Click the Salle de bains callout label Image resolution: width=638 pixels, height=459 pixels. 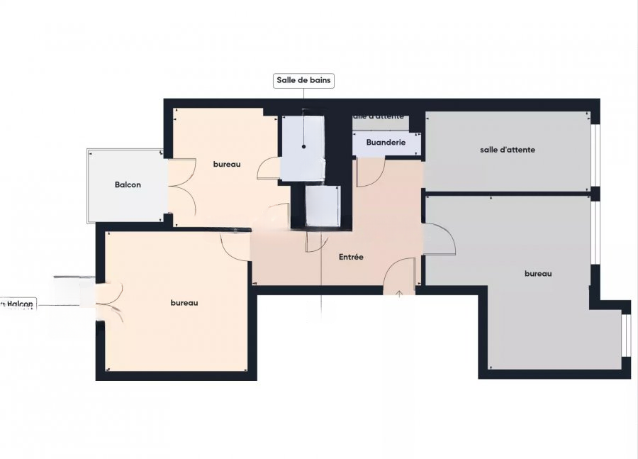(303, 81)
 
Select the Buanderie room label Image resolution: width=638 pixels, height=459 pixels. (386, 143)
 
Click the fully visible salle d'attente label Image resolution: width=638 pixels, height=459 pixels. (507, 150)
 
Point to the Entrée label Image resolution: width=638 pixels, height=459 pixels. (351, 257)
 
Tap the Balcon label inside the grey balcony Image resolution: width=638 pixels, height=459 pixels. (128, 184)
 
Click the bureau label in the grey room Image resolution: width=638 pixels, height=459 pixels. (537, 273)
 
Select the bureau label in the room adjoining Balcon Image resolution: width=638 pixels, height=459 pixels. (227, 164)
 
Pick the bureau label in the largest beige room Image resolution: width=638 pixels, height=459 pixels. (184, 303)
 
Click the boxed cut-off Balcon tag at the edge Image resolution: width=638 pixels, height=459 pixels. (18, 304)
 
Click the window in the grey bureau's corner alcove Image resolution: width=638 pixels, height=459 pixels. (626, 333)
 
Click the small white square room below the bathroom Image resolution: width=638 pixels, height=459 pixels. (323, 206)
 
